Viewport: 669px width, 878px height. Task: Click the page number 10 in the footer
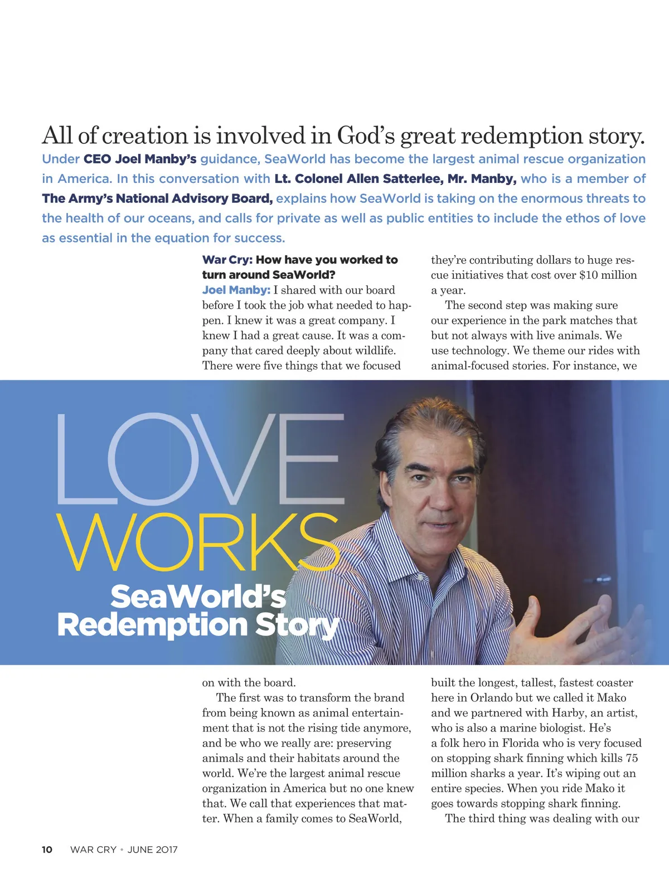pyautogui.click(x=47, y=850)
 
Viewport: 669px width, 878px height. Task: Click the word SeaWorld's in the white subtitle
pyautogui.click(x=198, y=596)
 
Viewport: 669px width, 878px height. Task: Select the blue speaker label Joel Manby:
pyautogui.click(x=236, y=290)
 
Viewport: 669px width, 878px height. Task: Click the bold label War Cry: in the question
pyautogui.click(x=227, y=260)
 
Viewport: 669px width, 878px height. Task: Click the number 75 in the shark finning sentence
pyautogui.click(x=632, y=758)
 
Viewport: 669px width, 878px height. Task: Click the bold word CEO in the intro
pyautogui.click(x=97, y=159)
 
